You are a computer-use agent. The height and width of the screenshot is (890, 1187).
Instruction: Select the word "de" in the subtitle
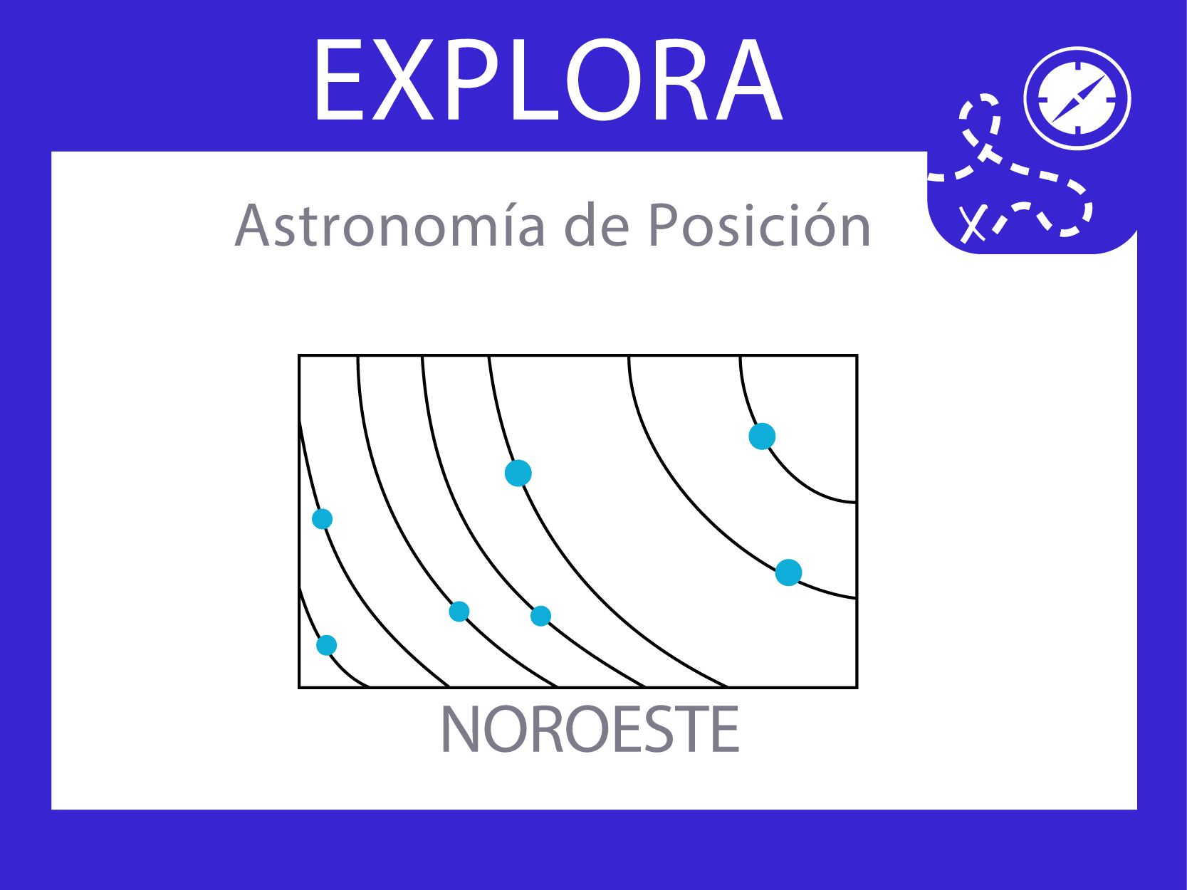pos(597,225)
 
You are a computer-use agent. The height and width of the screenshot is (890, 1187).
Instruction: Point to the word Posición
pos(759,225)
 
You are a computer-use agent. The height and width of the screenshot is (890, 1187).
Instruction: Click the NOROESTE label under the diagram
pos(590,729)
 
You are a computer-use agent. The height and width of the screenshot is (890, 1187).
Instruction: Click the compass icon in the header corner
pos(1077,98)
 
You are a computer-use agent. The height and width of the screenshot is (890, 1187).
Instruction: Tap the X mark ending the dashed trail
pos(972,224)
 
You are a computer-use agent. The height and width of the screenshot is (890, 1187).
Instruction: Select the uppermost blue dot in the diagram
pos(762,436)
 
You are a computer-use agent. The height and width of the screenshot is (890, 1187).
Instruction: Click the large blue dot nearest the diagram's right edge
pos(788,572)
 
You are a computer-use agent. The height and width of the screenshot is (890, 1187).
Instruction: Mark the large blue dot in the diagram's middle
pos(518,473)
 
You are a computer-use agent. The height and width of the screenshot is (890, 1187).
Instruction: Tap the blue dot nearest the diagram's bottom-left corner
pos(327,645)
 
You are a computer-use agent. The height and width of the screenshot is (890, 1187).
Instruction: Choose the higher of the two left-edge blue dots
pos(323,519)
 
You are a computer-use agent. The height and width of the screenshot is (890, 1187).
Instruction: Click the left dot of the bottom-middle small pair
pos(459,612)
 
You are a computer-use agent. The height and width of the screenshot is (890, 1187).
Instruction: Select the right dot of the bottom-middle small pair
pos(540,616)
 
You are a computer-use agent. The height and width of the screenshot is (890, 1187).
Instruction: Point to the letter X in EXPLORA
pos(403,80)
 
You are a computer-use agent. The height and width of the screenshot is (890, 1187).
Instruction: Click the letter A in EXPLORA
pos(748,80)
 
